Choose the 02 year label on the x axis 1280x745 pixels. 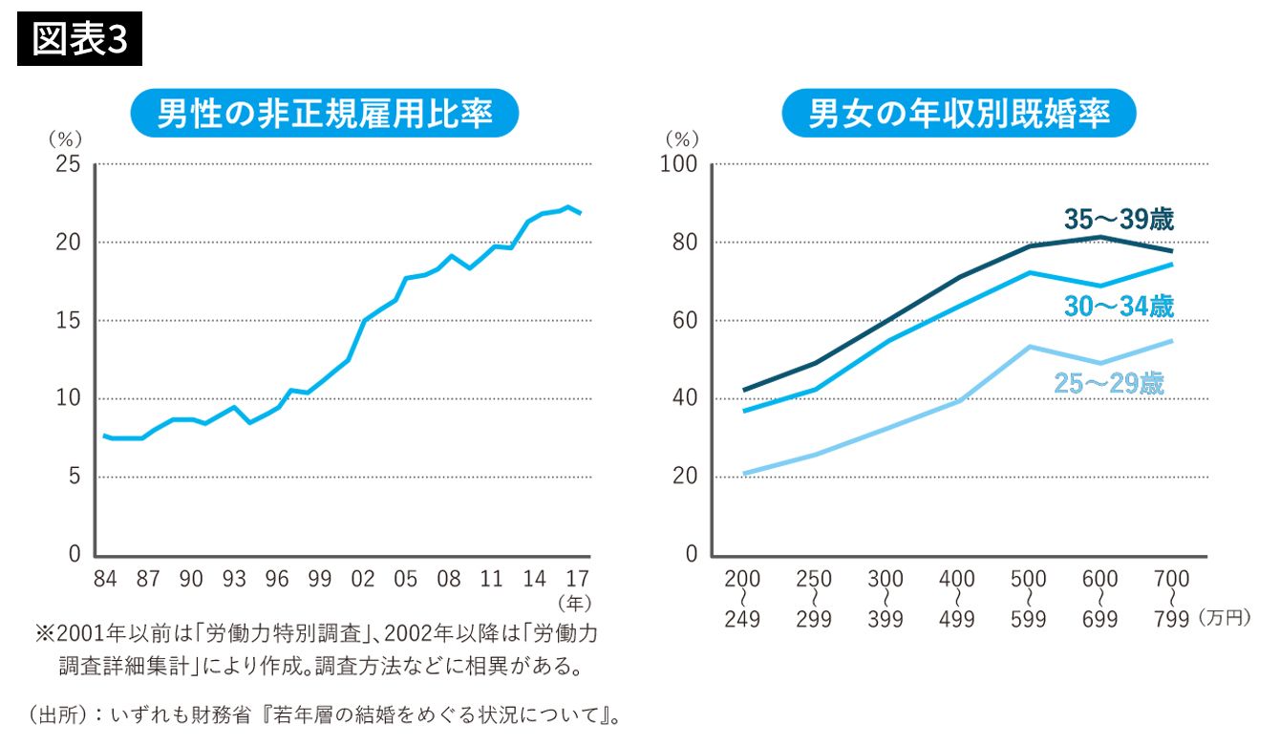tap(363, 579)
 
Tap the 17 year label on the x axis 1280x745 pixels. tap(577, 579)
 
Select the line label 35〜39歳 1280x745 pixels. tap(1119, 220)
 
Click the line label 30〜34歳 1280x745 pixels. tap(1119, 307)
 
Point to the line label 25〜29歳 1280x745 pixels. tap(1109, 383)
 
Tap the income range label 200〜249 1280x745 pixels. tap(742, 599)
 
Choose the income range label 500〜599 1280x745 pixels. tap(1029, 599)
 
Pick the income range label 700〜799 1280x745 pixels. tap(1171, 599)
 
